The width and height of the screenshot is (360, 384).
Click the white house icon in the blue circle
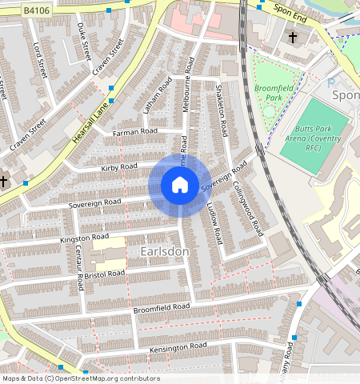click(x=180, y=186)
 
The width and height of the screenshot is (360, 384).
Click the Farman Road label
click(x=135, y=130)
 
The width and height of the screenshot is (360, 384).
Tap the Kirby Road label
click(x=120, y=166)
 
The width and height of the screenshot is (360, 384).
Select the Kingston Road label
click(x=84, y=237)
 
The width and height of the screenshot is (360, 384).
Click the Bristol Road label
click(x=106, y=274)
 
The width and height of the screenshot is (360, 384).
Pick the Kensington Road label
click(x=177, y=346)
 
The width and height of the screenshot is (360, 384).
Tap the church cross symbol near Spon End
click(x=292, y=38)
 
